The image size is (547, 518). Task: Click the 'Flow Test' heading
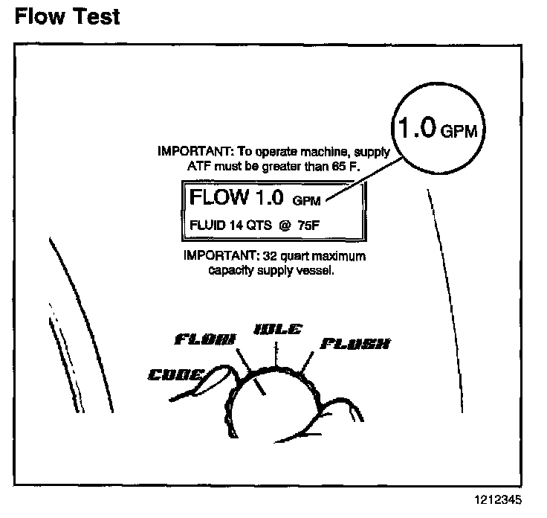67,17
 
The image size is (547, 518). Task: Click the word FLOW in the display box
218,197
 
